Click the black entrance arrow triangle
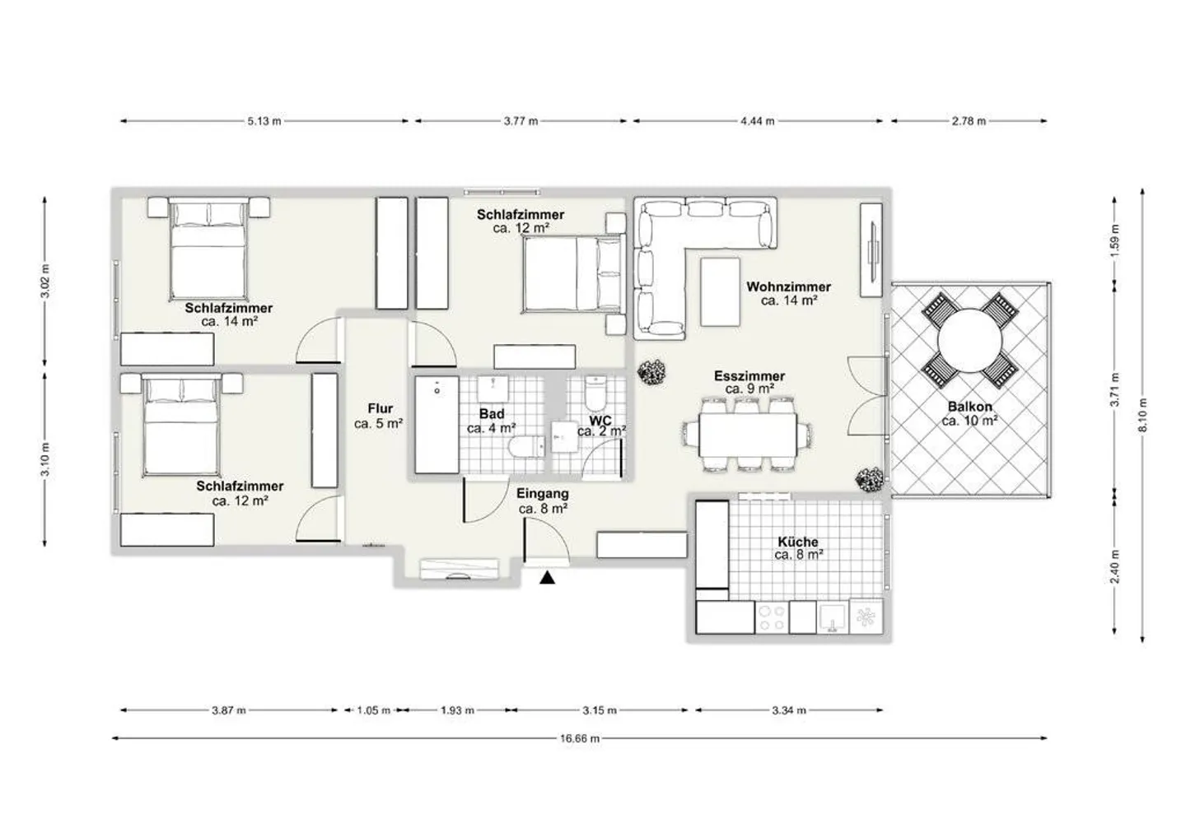click(548, 578)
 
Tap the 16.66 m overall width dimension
click(580, 738)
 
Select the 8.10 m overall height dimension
click(1143, 416)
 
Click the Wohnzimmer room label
click(788, 286)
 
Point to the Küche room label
click(798, 542)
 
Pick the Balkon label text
click(970, 407)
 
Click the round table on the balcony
click(970, 342)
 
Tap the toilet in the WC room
click(596, 393)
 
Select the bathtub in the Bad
click(437, 425)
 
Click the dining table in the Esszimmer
click(748, 435)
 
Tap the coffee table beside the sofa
click(720, 292)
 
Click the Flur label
click(381, 408)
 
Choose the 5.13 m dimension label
click(264, 121)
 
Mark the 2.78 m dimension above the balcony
click(969, 121)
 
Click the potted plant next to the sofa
click(651, 372)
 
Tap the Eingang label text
click(543, 494)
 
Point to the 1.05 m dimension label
click(373, 710)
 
